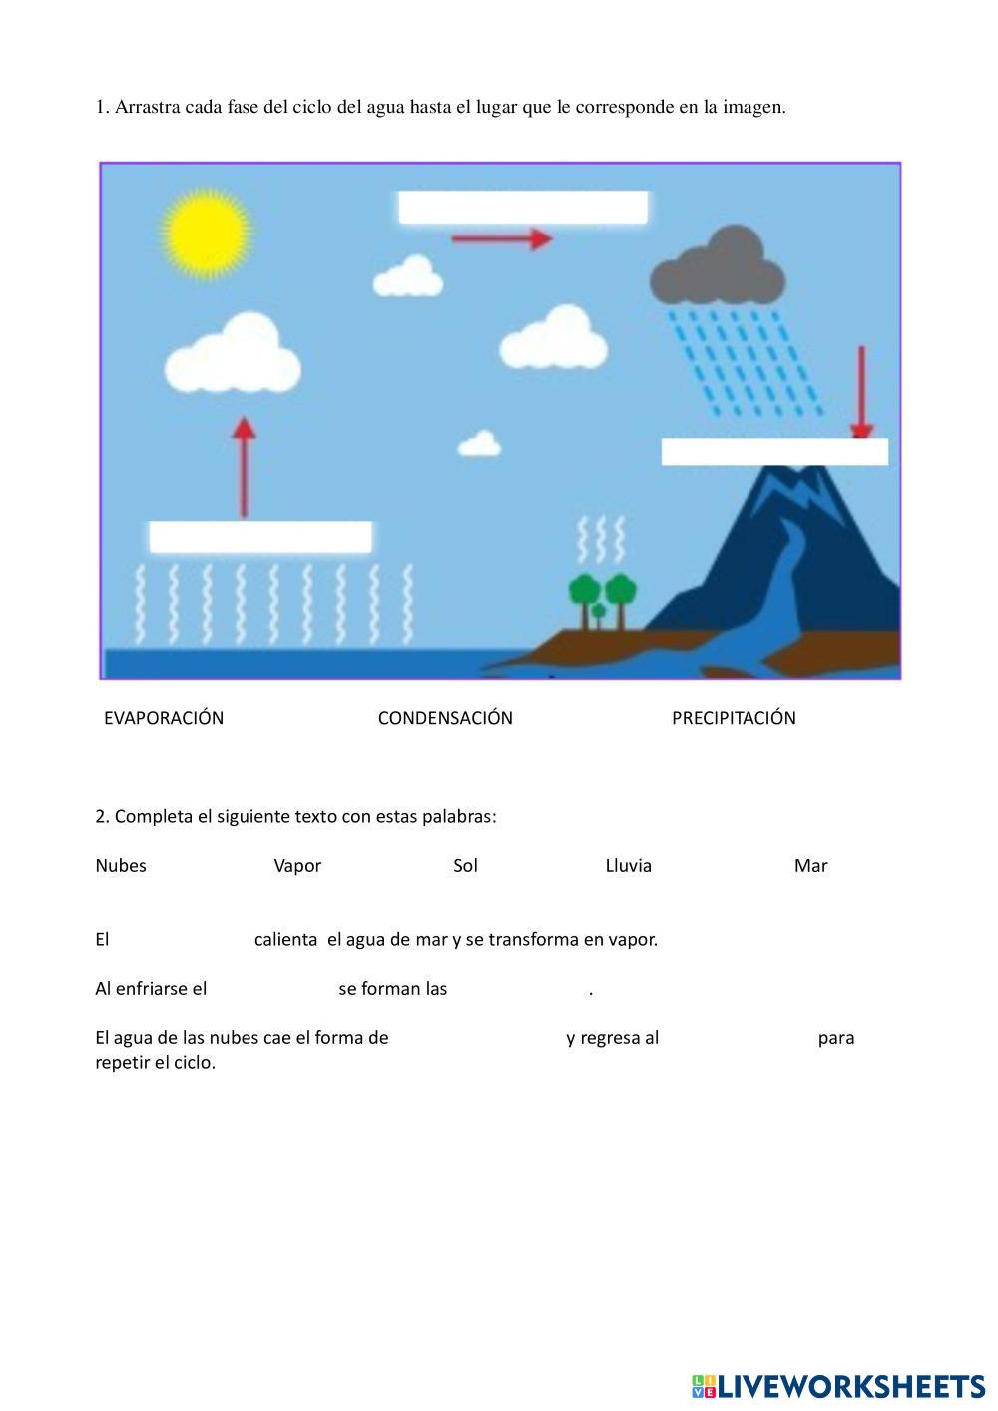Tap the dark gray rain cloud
click(717, 266)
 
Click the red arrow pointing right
click(501, 238)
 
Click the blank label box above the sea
click(260, 537)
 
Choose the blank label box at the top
click(523, 208)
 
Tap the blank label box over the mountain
click(774, 452)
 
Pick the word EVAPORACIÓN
click(164, 718)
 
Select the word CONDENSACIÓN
click(445, 718)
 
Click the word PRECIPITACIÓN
click(734, 718)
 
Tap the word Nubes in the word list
click(121, 866)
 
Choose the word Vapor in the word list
click(297, 866)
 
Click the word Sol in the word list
click(465, 866)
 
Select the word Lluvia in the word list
click(628, 866)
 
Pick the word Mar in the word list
click(810, 866)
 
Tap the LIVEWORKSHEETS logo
click(838, 1386)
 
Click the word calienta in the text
click(285, 940)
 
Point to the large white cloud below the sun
click(233, 355)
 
